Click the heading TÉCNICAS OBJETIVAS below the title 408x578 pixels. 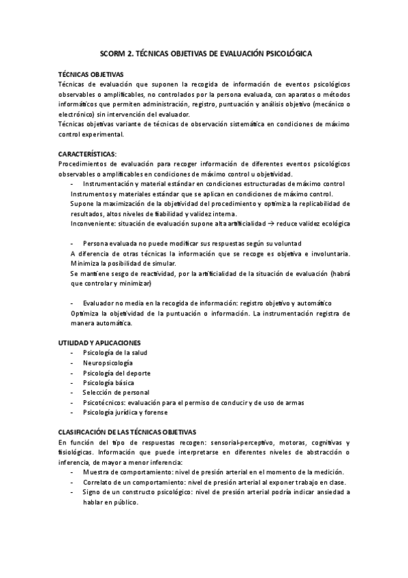(x=90, y=74)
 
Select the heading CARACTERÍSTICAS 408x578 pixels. (x=87, y=154)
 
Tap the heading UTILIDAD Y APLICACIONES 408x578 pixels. (x=99, y=342)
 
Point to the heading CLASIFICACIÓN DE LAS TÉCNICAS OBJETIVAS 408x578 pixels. (x=127, y=432)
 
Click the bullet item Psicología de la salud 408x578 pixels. (x=114, y=352)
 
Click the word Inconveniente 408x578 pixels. (x=93, y=224)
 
